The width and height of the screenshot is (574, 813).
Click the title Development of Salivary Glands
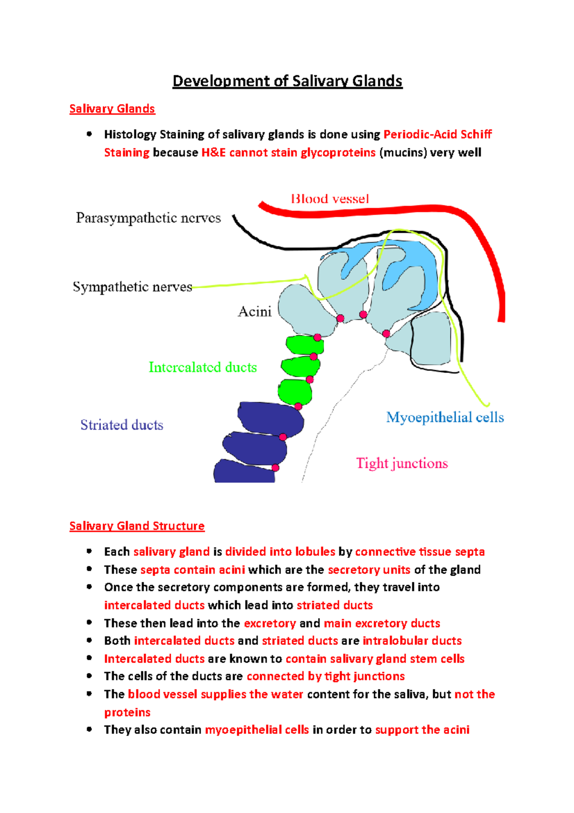[287, 81]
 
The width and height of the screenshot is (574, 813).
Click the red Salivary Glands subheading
[112, 109]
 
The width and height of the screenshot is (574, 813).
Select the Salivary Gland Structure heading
[137, 526]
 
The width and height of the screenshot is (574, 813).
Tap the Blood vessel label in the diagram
[330, 199]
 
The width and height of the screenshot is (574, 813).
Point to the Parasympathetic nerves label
[148, 218]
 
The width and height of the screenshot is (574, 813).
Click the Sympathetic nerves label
[132, 287]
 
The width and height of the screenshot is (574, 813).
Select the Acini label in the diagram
[254, 312]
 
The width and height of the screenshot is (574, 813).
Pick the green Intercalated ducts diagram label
[202, 367]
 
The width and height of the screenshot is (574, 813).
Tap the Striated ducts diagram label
[121, 425]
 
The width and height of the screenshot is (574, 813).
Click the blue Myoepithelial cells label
[445, 418]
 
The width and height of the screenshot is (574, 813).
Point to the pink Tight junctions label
[402, 463]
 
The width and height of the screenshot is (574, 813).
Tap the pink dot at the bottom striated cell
[275, 468]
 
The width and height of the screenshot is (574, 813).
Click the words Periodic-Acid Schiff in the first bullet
[438, 134]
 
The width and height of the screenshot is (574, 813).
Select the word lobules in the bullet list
[315, 552]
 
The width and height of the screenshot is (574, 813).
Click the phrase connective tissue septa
[419, 552]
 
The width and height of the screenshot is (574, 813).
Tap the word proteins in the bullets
[127, 712]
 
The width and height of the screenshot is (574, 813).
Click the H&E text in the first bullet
[213, 152]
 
